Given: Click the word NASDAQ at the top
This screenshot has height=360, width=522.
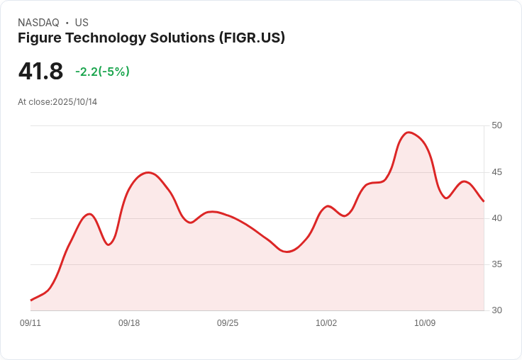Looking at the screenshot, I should pos(38,23).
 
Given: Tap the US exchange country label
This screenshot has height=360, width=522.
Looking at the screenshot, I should pos(82,23).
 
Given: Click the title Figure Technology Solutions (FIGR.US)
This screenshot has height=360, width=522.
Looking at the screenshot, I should pos(151,38).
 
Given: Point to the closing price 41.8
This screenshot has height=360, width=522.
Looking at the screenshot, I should pos(40,72).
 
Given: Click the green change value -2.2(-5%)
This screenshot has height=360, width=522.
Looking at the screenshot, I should pos(102,72).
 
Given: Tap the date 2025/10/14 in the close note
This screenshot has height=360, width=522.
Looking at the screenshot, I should pos(74,102).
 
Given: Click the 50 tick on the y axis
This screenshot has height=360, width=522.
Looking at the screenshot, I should pos(496,125).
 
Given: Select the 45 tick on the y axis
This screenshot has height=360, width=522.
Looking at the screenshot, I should pos(496,172).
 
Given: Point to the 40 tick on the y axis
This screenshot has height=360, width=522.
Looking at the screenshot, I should pos(496,218).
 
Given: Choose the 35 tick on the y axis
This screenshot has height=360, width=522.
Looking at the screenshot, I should pos(496,264).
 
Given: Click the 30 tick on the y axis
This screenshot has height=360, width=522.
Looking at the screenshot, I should pos(496,310).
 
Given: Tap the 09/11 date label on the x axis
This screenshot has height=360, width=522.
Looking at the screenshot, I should pos(30,323).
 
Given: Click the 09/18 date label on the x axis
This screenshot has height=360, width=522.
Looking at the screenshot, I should pos(129,323).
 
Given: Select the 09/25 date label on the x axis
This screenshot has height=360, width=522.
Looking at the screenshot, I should pos(228,323).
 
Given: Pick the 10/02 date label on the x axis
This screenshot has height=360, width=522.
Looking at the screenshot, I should pos(326,323).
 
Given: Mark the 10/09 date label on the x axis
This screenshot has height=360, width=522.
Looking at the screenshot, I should pos(425,323).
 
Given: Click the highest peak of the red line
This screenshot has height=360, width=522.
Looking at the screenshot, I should pos(409,133).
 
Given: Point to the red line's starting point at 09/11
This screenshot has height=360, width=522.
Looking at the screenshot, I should pos(31,300).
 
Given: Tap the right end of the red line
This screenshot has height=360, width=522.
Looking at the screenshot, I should pos(484,201).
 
